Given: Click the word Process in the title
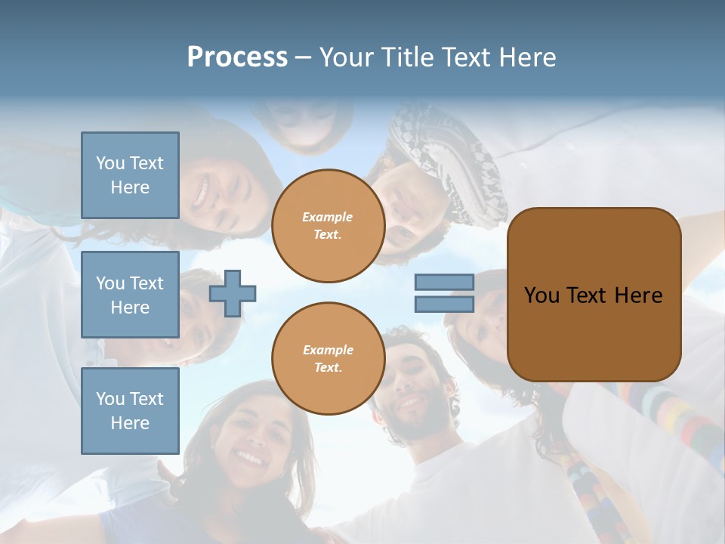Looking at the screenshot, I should pos(237,57).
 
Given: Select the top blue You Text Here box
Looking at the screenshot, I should pos(130,175).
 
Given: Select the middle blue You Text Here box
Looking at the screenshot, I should pos(130,295).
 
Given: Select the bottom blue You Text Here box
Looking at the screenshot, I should pos(130,411).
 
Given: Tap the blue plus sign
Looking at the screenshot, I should pos(233,293).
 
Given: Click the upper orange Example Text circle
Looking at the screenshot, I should pos(328,226).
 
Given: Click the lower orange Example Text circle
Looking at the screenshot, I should pos(328,359).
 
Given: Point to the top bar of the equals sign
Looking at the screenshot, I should pos(444,282).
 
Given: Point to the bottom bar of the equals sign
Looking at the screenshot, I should pos(444,304).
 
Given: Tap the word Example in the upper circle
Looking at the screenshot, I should pos(328,217).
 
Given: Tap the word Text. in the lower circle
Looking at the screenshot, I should pos(328,368).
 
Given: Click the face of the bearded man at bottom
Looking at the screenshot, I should pos(412,389).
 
